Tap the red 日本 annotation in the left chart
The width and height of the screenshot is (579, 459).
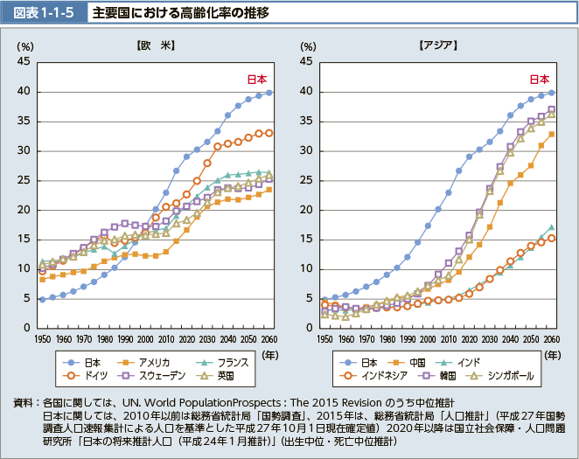coord(255,79)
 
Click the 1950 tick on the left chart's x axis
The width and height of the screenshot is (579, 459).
coord(41,338)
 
